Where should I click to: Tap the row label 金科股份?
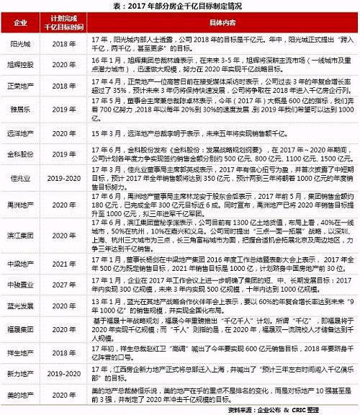(19, 154)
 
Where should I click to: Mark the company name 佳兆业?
(19, 176)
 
